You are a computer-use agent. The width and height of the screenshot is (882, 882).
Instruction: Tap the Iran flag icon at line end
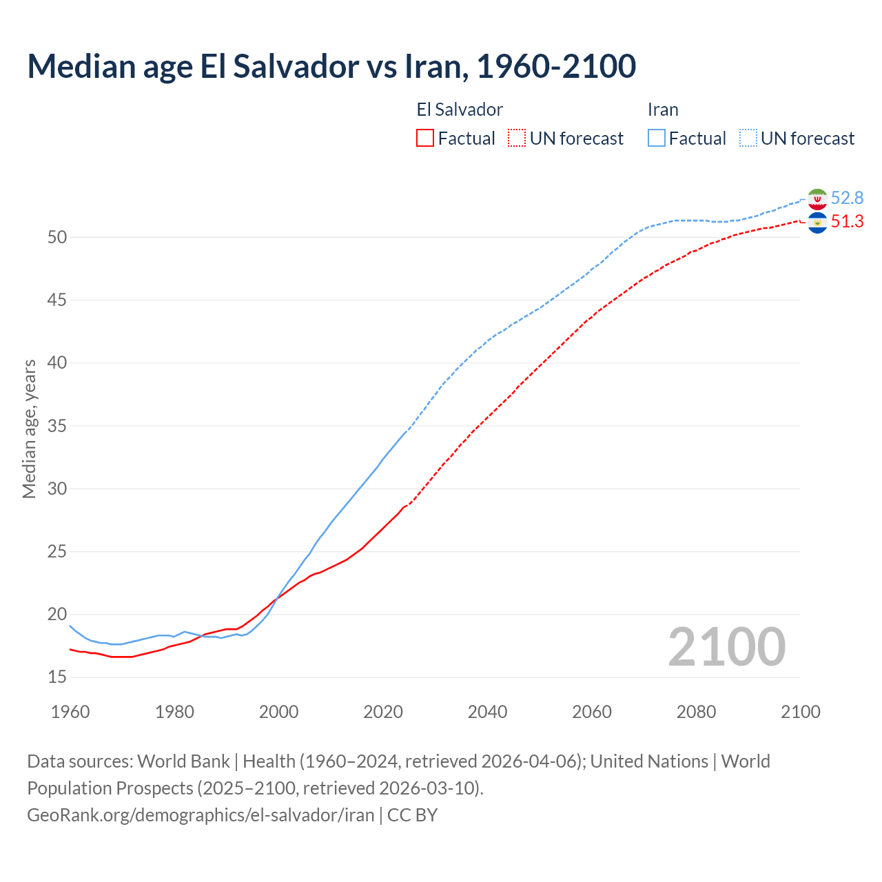(817, 198)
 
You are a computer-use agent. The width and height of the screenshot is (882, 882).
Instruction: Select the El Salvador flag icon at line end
(817, 222)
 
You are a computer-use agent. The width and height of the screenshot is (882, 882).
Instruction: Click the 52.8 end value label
(847, 198)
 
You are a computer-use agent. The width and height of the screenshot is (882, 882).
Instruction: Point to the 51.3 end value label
(847, 222)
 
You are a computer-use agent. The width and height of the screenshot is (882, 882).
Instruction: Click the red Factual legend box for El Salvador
(425, 139)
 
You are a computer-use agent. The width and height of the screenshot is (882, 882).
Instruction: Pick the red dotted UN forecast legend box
(517, 139)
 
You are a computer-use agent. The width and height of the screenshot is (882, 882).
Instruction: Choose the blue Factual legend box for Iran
(657, 139)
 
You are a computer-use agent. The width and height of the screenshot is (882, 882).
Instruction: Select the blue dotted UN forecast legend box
(748, 139)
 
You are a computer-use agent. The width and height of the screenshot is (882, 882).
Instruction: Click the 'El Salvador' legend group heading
(460, 110)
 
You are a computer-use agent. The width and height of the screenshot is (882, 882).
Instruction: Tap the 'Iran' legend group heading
(663, 110)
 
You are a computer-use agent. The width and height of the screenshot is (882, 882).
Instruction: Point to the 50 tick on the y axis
(57, 237)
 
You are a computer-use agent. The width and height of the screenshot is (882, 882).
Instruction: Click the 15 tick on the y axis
(57, 677)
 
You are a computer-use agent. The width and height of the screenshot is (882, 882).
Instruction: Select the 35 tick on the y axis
(57, 426)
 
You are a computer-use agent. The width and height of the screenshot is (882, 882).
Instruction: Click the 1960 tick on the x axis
(70, 712)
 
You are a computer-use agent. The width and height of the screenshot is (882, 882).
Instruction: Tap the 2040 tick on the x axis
(487, 712)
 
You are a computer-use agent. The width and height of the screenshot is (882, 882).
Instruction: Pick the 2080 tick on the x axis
(696, 712)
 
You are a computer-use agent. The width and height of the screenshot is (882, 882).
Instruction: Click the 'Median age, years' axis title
(29, 429)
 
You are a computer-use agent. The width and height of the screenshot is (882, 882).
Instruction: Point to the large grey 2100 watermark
(726, 647)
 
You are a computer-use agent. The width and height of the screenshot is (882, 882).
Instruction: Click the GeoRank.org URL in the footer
(200, 815)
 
